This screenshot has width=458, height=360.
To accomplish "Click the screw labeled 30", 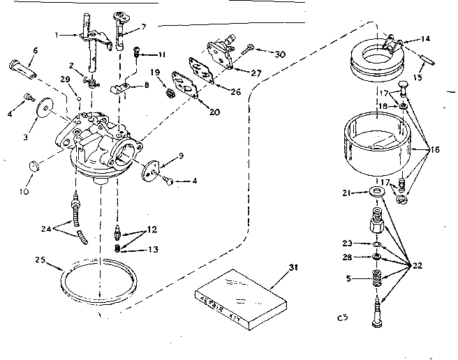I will (249, 50).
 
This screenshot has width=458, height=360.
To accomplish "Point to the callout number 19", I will (156, 72).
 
